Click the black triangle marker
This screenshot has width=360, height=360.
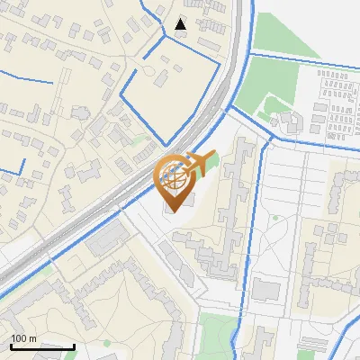click(x=181, y=24)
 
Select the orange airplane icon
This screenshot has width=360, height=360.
click(x=198, y=163)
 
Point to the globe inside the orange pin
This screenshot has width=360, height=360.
click(x=174, y=176)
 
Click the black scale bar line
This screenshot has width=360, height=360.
click(x=42, y=346)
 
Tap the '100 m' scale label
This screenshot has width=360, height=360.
click(x=23, y=338)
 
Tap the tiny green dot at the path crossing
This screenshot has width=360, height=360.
click(x=275, y=218)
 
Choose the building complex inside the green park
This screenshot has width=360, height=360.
click(x=287, y=120)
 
